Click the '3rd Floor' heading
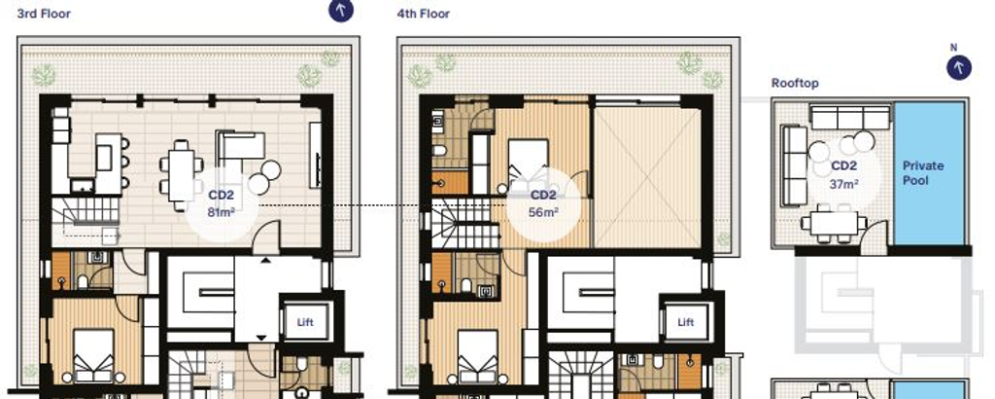(43, 13)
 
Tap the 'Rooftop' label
(795, 84)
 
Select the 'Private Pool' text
(922, 172)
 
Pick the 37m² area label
(842, 184)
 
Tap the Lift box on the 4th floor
(686, 321)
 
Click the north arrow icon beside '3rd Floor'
(341, 11)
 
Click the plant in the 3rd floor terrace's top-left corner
(45, 73)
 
